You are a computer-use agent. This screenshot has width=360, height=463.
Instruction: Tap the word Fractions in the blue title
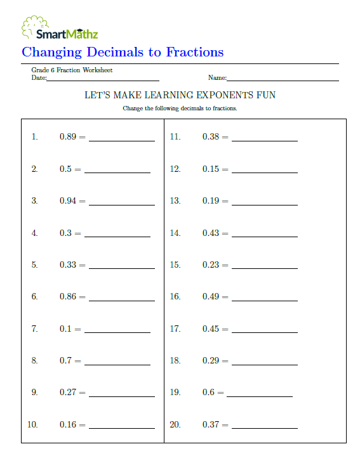[195, 52]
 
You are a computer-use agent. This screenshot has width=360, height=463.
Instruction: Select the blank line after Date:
[103, 79]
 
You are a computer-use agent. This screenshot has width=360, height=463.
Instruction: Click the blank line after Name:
[283, 79]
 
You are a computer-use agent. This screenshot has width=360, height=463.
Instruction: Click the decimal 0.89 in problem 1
[68, 137]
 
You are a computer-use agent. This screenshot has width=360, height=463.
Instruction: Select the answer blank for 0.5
[117, 171]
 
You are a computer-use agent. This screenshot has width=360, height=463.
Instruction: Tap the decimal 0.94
[68, 201]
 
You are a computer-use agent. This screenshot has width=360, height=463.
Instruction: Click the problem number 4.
[34, 233]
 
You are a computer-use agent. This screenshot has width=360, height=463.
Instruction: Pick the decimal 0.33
[68, 265]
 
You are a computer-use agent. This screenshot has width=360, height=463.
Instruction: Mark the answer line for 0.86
[122, 299]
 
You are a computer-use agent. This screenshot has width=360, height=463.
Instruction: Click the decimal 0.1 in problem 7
[66, 329]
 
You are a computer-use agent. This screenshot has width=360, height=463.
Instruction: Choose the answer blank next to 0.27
[122, 395]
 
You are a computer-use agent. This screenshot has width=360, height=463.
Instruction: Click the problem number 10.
[32, 425]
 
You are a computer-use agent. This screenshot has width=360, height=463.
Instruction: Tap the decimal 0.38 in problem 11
[211, 137]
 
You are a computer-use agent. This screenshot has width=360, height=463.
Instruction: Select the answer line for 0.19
[265, 204]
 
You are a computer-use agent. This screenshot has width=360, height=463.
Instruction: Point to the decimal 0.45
[211, 329]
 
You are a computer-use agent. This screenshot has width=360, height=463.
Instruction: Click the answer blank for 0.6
[260, 395]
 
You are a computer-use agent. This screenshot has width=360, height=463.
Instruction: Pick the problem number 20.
[175, 425]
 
